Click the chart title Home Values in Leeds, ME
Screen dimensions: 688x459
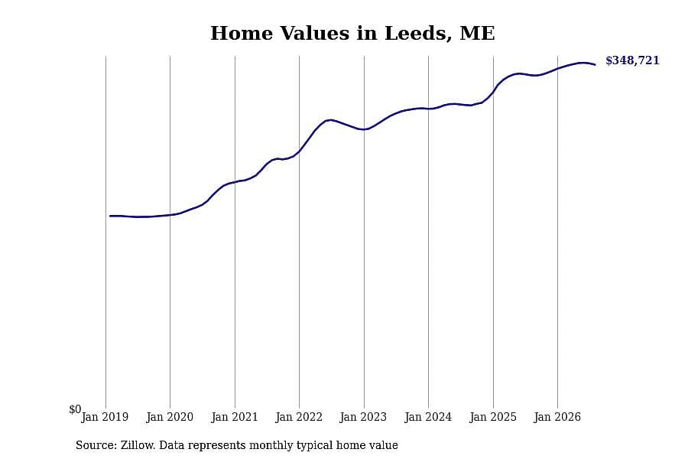coord(352,34)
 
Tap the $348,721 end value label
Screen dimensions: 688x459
coord(632,60)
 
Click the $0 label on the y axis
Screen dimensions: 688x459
coord(75,409)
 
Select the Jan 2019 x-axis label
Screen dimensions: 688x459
coord(105,417)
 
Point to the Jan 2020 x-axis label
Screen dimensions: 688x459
coord(170,417)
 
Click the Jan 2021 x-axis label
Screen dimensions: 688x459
coord(235,417)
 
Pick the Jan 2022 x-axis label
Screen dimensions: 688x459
coord(299,417)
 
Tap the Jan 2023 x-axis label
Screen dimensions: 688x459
coord(363,417)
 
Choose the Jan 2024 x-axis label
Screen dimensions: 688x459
coord(428,417)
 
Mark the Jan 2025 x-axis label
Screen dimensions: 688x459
coord(493,417)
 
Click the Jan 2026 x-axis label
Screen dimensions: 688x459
coord(557,417)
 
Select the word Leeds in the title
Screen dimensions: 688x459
coord(419,34)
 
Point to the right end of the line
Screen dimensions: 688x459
coord(595,64)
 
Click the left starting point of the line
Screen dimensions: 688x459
coord(110,216)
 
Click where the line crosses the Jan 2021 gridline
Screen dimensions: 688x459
coord(235,182)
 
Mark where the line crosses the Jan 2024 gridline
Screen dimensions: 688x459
coord(429,109)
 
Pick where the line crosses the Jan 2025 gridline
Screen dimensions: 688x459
coord(493,91)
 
